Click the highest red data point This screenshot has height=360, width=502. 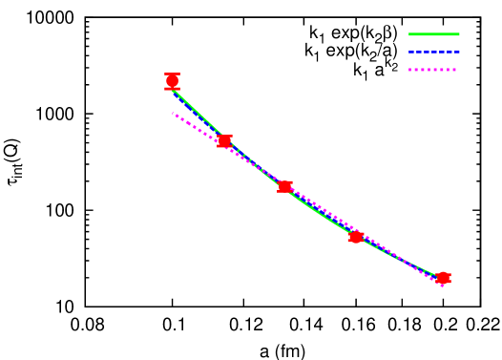coord(172,81)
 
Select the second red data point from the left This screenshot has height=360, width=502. coord(224,141)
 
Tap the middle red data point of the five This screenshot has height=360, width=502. coord(284,186)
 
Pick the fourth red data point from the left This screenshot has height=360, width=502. coord(355,237)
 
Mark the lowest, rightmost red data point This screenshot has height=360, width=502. coord(443,278)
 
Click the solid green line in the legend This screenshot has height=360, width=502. coord(433,34)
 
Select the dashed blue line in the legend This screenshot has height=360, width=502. coord(433,52)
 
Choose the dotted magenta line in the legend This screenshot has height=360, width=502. coord(433,70)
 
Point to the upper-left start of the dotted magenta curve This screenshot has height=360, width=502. coord(174,114)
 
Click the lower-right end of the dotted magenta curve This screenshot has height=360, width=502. coord(442,285)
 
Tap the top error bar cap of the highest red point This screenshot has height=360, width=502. coord(172,74)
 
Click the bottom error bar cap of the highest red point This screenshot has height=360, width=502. coord(172,89)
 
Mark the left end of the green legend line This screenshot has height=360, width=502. coord(410,34)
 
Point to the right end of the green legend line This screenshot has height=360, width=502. coord(458,34)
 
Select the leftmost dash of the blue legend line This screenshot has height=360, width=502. coord(411,52)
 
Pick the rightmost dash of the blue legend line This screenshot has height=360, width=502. coord(456,52)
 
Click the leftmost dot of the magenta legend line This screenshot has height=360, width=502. coord(410,70)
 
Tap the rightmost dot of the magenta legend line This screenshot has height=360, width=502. coord(454,70)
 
